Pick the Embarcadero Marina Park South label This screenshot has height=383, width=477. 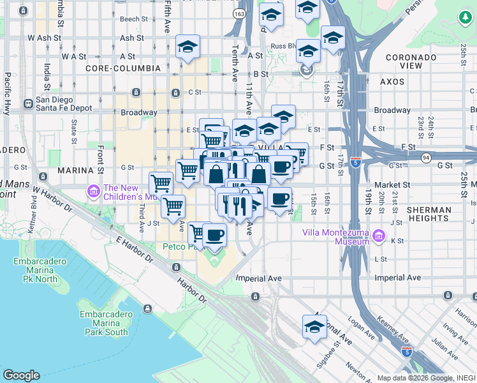(107, 323)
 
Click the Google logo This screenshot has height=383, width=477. (22, 375)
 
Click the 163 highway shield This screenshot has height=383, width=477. (239, 13)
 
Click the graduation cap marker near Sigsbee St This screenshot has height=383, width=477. (314, 327)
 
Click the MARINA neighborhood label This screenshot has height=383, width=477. (76, 170)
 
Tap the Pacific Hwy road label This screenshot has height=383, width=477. (8, 89)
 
